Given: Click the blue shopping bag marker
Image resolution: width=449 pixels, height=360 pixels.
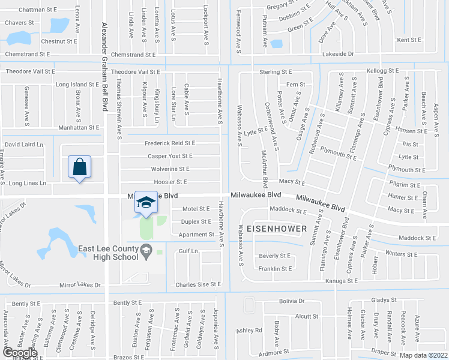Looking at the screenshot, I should pos(80,167).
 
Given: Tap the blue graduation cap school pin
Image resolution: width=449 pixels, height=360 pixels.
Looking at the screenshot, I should pos(146,203).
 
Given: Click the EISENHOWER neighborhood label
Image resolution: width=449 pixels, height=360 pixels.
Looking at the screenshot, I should pos(277,229).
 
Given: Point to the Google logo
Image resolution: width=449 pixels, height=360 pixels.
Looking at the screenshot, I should pos(20,352).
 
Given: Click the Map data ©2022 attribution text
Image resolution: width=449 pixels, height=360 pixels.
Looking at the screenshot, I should pos(423,355).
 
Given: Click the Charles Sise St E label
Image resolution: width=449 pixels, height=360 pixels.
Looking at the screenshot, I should pos(198,284).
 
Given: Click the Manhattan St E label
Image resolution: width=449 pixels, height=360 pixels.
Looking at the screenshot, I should pos(79,128).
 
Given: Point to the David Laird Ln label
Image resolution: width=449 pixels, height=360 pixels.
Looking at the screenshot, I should pos(24,145).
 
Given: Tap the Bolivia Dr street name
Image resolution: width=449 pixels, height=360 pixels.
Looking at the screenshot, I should pos(292,301).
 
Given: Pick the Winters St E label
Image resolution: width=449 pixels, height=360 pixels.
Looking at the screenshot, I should pos(405,254).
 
